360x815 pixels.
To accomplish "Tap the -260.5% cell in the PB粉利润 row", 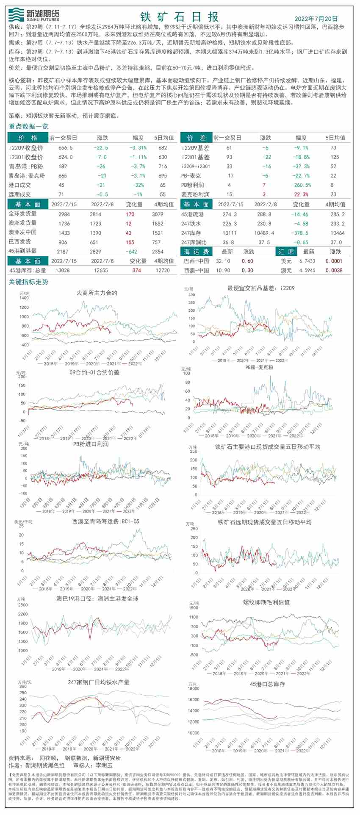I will click(x=301, y=185).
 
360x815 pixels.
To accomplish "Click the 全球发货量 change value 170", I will click(x=130, y=214).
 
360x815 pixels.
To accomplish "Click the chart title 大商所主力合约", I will click(x=97, y=293).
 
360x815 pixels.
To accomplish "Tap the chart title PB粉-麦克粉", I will click(x=259, y=367).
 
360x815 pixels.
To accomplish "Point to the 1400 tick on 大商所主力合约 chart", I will click(x=24, y=298).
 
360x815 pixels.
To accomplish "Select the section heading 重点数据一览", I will click(x=29, y=126).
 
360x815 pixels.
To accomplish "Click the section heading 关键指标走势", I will click(x=29, y=282).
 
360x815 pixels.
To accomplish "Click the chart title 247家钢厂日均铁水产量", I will click(x=99, y=682).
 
